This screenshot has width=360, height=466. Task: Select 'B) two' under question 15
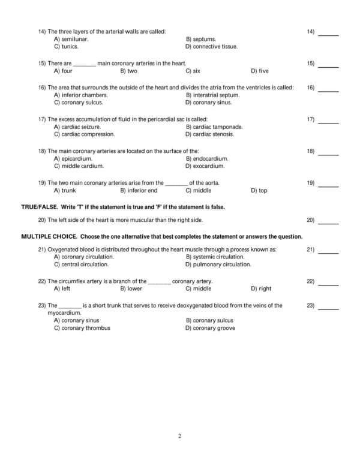coord(128,71)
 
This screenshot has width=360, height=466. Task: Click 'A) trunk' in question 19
coord(64,191)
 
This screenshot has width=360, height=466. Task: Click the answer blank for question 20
coord(328,222)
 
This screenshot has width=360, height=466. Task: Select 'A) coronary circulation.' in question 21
coord(83,257)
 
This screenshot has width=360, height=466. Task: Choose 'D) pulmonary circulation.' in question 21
coord(218,264)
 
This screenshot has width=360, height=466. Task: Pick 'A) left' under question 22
coord(62,288)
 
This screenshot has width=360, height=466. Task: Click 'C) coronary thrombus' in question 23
coord(82,328)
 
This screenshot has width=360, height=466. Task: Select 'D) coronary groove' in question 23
coord(210,328)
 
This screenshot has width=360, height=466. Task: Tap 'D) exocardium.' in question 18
coord(205,166)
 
